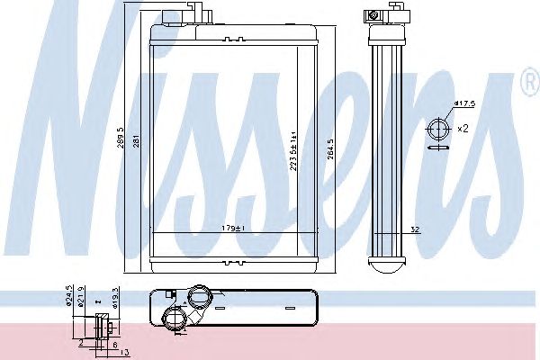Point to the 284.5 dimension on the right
(x=333, y=148)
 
